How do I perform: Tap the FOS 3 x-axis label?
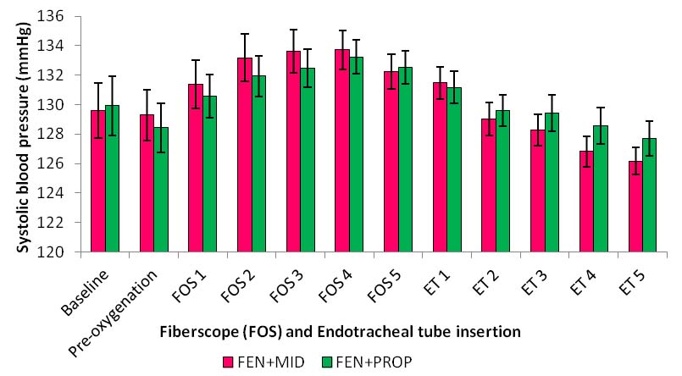coord(286,280)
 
